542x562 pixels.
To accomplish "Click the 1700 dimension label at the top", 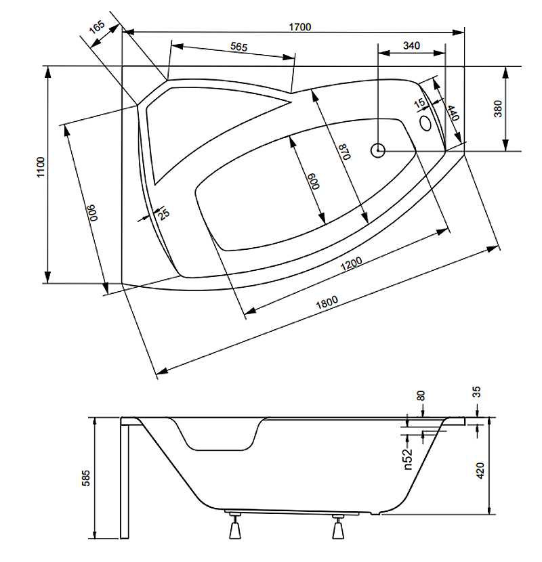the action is click(x=300, y=27).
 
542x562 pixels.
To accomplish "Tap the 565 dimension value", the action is click(x=239, y=47).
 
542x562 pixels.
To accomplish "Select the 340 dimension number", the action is click(x=411, y=45).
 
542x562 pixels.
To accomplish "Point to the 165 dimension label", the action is click(x=97, y=27).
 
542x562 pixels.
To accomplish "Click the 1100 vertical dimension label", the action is click(x=41, y=167).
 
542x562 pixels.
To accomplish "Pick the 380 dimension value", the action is click(x=498, y=108).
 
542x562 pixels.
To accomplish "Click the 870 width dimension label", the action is click(x=345, y=152).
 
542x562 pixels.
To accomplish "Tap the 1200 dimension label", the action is click(x=351, y=265).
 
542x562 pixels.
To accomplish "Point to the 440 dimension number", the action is click(x=453, y=113).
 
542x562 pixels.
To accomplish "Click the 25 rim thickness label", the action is click(x=163, y=215).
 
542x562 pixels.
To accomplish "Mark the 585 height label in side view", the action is click(x=86, y=478).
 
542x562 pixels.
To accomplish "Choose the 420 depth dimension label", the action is click(x=480, y=470).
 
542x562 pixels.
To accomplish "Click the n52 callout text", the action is click(x=408, y=459).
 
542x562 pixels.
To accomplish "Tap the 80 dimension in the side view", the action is click(x=421, y=395).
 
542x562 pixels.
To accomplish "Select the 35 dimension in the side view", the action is click(x=477, y=392).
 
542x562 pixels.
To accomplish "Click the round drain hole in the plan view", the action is click(x=378, y=150).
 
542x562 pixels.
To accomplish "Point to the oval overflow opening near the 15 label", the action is click(x=425, y=123).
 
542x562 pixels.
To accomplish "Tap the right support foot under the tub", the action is click(x=338, y=527).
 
